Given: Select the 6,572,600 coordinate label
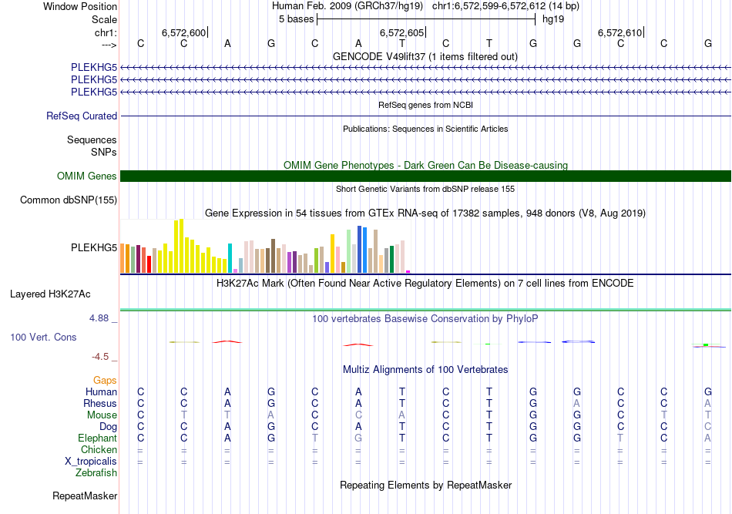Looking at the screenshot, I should (183, 32).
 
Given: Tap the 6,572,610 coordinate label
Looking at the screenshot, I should (620, 32).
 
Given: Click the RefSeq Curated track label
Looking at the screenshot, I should (82, 116).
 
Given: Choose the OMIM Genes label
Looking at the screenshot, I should (87, 176).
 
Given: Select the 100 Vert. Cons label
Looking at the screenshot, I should (43, 338).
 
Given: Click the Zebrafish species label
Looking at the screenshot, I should (95, 472).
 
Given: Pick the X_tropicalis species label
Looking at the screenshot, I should (91, 461).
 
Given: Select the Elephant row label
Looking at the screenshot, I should (96, 438).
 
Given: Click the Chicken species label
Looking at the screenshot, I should (99, 449).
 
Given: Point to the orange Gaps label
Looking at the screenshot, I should (105, 380).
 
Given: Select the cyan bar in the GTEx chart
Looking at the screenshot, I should (230, 257).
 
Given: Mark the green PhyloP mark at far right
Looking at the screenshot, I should (705, 344).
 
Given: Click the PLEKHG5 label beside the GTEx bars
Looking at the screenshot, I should (94, 247).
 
